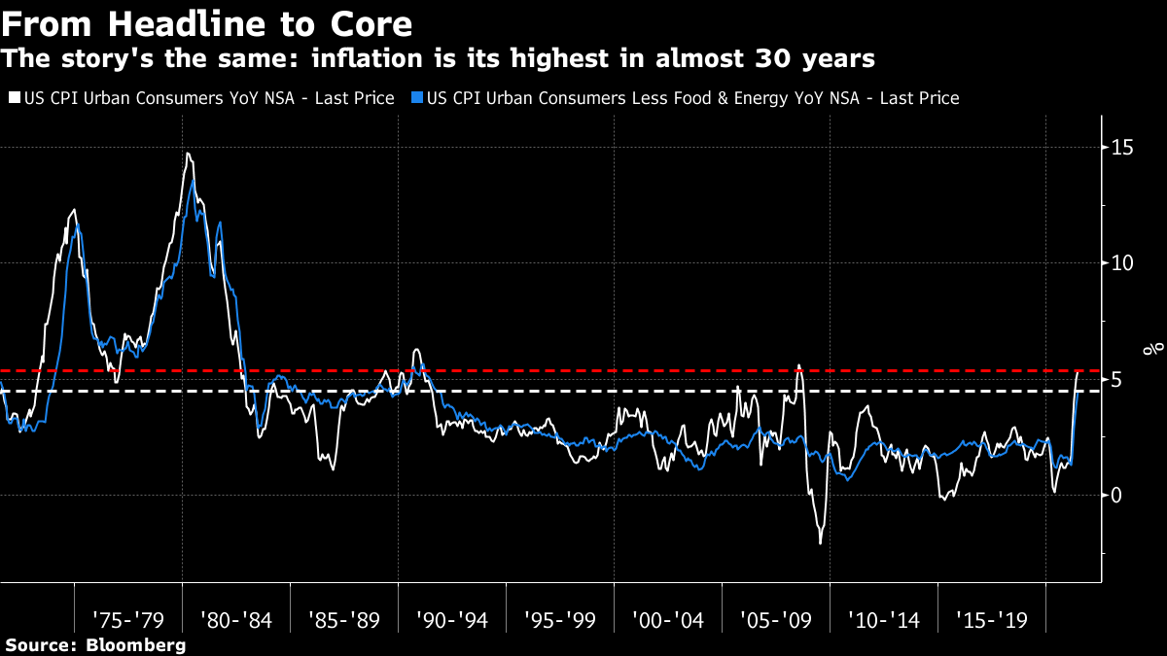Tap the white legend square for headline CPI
pyautogui.click(x=13, y=98)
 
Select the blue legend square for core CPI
pyautogui.click(x=417, y=98)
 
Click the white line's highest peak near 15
pyautogui.click(x=187, y=154)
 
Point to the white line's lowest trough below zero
pyautogui.click(x=820, y=542)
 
